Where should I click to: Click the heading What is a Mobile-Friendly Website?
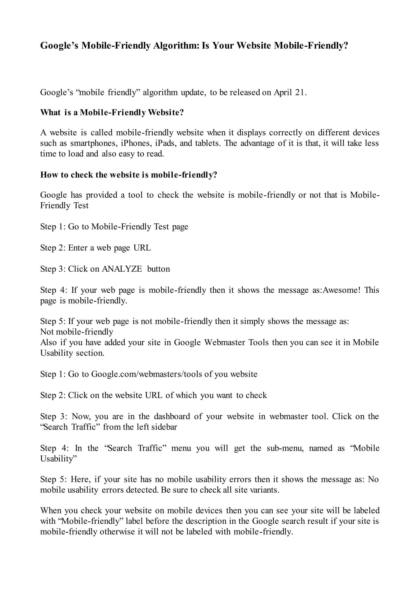(112, 113)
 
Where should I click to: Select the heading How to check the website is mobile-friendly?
(128, 175)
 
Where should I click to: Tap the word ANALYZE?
(122, 269)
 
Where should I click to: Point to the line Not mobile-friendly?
(77, 332)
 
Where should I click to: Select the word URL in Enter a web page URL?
(142, 248)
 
